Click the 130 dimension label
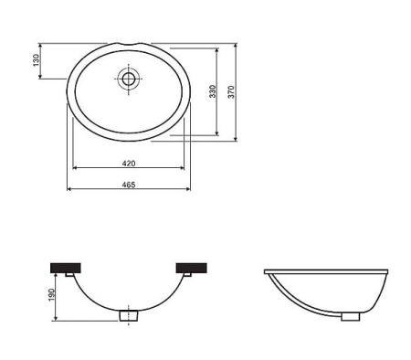(36, 60)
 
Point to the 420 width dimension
(129, 163)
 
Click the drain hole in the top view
(129, 79)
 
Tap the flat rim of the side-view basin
(328, 271)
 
